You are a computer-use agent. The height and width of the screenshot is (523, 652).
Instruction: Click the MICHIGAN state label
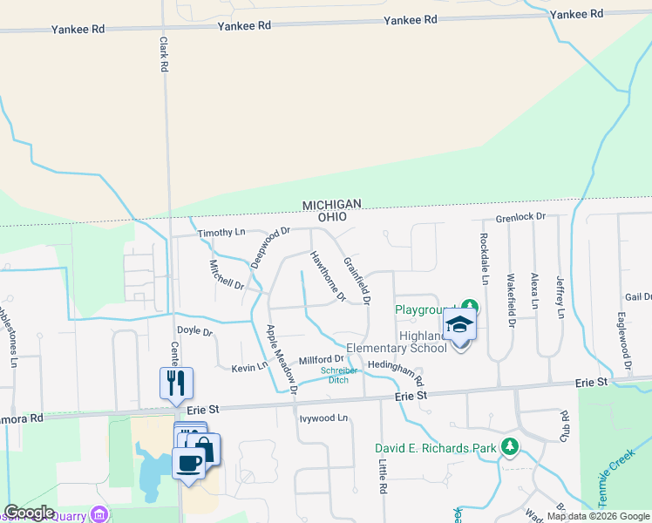(331, 204)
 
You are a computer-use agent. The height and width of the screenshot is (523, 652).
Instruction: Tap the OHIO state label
(331, 216)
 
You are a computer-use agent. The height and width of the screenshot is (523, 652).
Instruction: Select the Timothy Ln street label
(221, 233)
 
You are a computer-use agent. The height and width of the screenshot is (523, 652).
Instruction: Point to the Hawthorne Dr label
(328, 276)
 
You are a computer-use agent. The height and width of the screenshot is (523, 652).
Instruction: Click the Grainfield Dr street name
(357, 281)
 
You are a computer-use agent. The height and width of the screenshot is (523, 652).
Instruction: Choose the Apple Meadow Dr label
(282, 359)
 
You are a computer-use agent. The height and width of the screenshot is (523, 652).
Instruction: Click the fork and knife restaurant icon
(176, 381)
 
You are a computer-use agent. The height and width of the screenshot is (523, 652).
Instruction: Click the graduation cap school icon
(459, 325)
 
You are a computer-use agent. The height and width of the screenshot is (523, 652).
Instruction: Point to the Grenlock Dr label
(520, 216)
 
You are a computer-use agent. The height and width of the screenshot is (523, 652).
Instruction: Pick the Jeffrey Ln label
(560, 297)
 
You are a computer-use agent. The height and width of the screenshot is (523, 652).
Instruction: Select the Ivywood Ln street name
(323, 418)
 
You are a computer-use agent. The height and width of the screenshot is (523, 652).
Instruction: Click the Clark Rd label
(163, 53)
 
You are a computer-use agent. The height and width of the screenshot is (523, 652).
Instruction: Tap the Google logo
(29, 513)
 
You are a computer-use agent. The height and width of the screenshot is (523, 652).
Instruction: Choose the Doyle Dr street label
(194, 331)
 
